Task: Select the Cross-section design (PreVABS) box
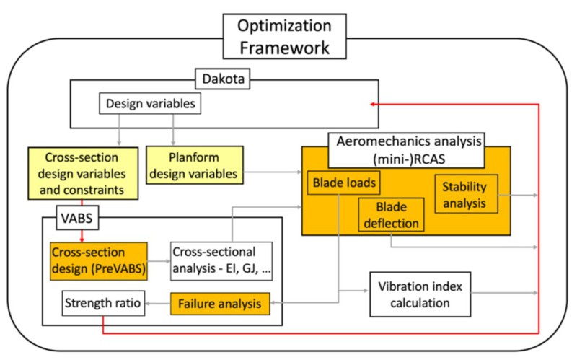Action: [98, 260]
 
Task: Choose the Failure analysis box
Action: [220, 304]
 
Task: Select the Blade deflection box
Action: [390, 216]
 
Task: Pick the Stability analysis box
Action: [466, 192]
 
